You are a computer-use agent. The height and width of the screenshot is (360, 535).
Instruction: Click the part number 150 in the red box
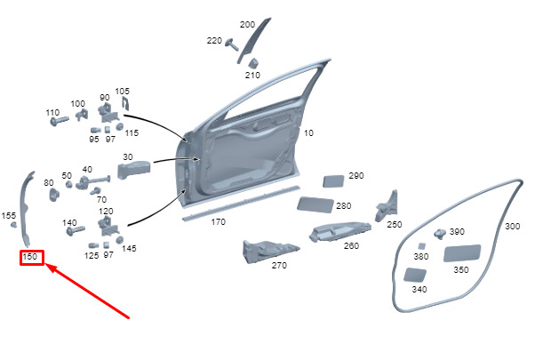[x=30, y=256]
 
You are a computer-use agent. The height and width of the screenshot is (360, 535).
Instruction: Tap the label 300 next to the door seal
[x=513, y=227]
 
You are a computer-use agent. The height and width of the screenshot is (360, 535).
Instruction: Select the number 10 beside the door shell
[x=308, y=133]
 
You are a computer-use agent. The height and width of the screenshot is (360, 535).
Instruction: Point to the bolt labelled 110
[x=60, y=121]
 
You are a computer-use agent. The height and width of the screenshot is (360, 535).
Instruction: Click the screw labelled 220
[x=232, y=44]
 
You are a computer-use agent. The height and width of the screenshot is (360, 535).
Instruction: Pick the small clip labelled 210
[x=252, y=63]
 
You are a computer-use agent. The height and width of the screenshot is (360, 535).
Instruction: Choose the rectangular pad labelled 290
[x=333, y=181]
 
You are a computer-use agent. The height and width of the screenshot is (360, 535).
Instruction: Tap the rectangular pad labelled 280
[x=315, y=204]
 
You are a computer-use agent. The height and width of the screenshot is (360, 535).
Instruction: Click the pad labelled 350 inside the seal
[x=462, y=253]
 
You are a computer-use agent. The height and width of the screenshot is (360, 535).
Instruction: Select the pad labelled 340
[x=414, y=275]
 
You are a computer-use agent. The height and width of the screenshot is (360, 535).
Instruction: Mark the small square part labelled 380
[x=422, y=246]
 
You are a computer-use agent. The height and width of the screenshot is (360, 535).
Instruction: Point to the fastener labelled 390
[x=440, y=234]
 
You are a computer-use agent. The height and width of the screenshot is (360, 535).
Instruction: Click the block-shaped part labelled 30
[x=133, y=170]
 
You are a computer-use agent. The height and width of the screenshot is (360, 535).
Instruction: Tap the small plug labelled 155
[x=13, y=225]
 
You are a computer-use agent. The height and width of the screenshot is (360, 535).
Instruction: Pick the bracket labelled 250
[x=387, y=206]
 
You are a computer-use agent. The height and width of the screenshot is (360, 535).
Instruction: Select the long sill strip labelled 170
[x=241, y=204]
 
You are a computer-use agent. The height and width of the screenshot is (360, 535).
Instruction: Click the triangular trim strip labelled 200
[x=254, y=41]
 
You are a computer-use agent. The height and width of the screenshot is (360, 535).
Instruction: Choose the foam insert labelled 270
[x=269, y=252]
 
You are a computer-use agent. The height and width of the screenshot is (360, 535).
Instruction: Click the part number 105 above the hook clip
[x=122, y=92]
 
